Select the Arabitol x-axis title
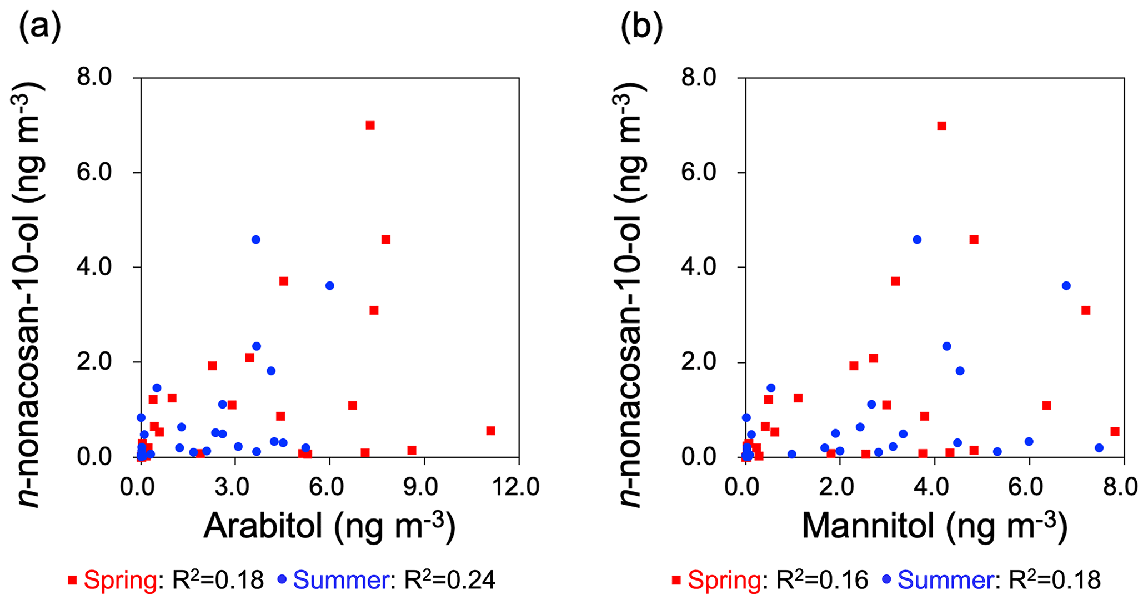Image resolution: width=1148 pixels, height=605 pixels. pyautogui.click(x=329, y=525)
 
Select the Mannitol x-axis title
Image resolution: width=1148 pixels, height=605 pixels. pyautogui.click(x=934, y=525)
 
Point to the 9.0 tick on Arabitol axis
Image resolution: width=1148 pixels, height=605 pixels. pyautogui.click(x=424, y=487)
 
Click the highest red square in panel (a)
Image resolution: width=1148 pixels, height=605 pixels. pyautogui.click(x=370, y=125)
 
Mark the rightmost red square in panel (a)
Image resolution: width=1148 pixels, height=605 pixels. pyautogui.click(x=490, y=431)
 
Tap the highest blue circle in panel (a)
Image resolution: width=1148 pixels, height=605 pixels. pyautogui.click(x=256, y=239)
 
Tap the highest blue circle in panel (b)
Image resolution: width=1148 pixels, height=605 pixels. pyautogui.click(x=917, y=239)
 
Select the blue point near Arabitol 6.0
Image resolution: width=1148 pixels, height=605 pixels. pyautogui.click(x=330, y=285)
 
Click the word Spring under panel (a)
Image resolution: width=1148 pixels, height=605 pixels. pyautogui.click(x=119, y=581)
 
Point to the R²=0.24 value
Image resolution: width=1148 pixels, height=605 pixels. pyautogui.click(x=449, y=581)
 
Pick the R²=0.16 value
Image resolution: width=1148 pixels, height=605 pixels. pyautogui.click(x=822, y=581)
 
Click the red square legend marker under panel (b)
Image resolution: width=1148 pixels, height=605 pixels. pyautogui.click(x=676, y=581)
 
